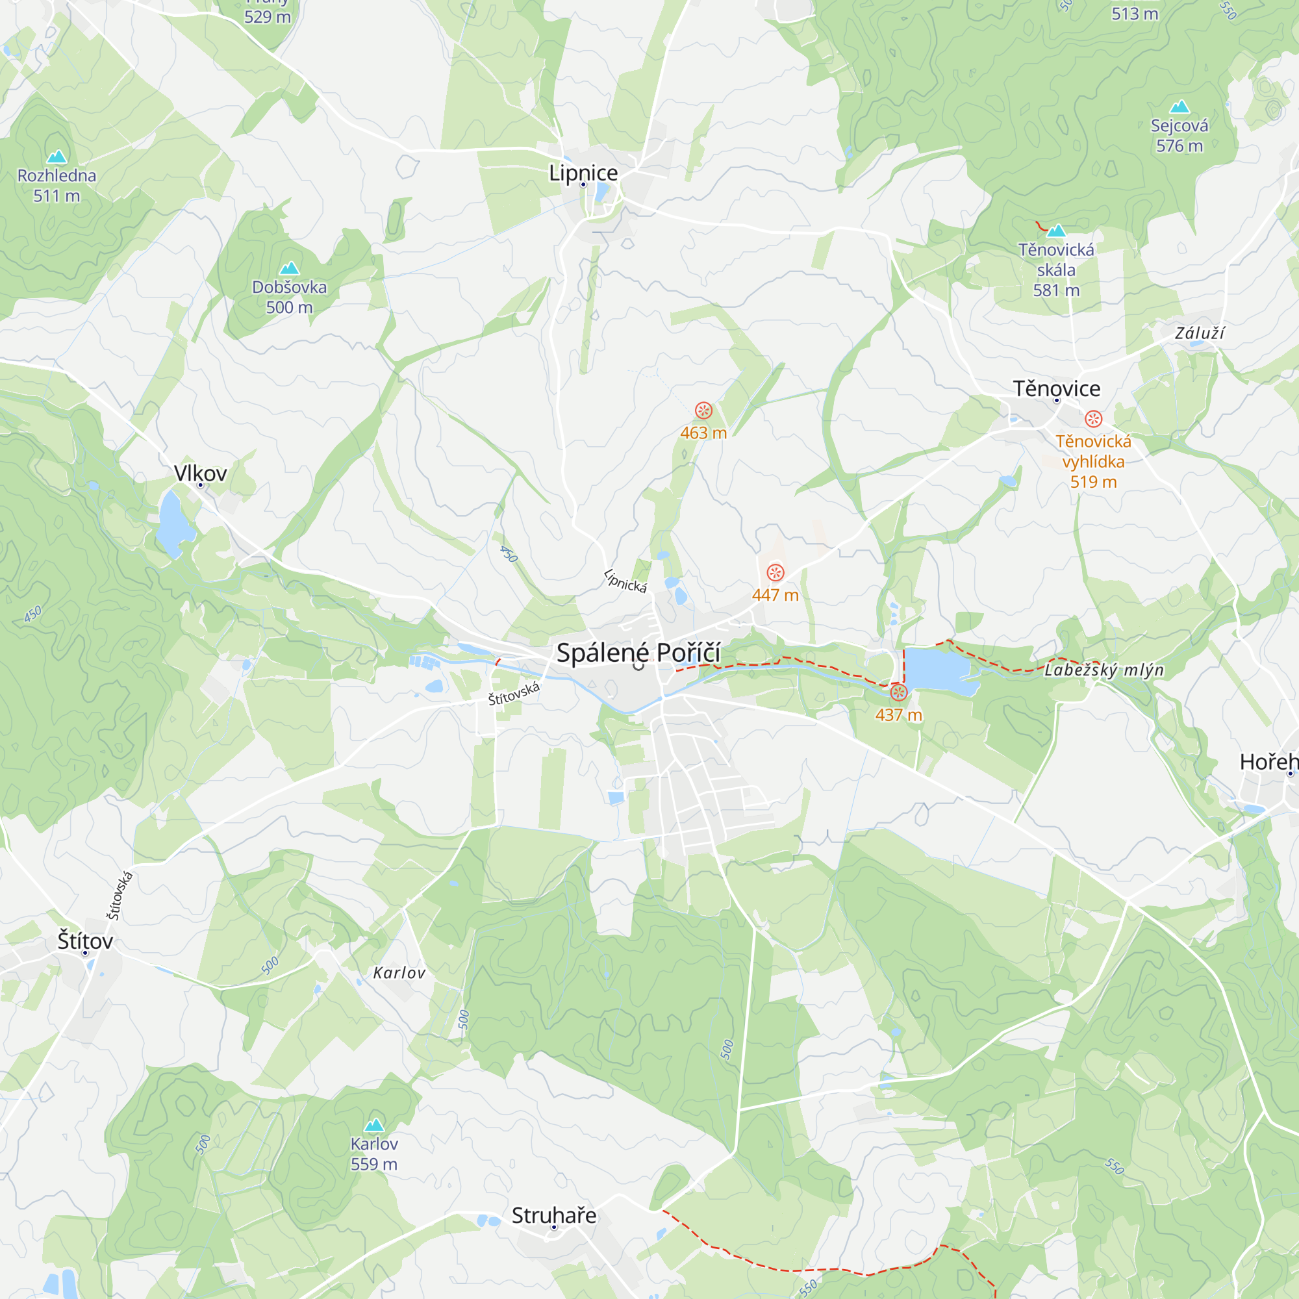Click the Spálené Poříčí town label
pyautogui.click(x=638, y=653)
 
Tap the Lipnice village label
pyautogui.click(x=583, y=173)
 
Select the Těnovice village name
pyautogui.click(x=1056, y=388)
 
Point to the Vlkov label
pyautogui.click(x=200, y=473)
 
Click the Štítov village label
pyautogui.click(x=85, y=940)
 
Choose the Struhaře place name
pyautogui.click(x=554, y=1215)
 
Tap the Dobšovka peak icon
pyautogui.click(x=289, y=268)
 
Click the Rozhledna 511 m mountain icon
pyautogui.click(x=57, y=157)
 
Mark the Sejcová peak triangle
pyautogui.click(x=1179, y=107)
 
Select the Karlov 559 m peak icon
pyautogui.click(x=374, y=1125)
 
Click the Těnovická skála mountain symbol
pyautogui.click(x=1056, y=231)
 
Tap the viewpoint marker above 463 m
pyautogui.click(x=703, y=410)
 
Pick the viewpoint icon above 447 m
pyautogui.click(x=776, y=572)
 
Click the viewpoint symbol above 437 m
pyautogui.click(x=898, y=692)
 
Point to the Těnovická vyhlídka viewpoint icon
pyautogui.click(x=1093, y=419)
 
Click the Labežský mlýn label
pyautogui.click(x=1104, y=670)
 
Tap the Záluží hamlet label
pyautogui.click(x=1200, y=333)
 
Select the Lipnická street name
pyautogui.click(x=625, y=581)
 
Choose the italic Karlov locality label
pyautogui.click(x=399, y=973)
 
